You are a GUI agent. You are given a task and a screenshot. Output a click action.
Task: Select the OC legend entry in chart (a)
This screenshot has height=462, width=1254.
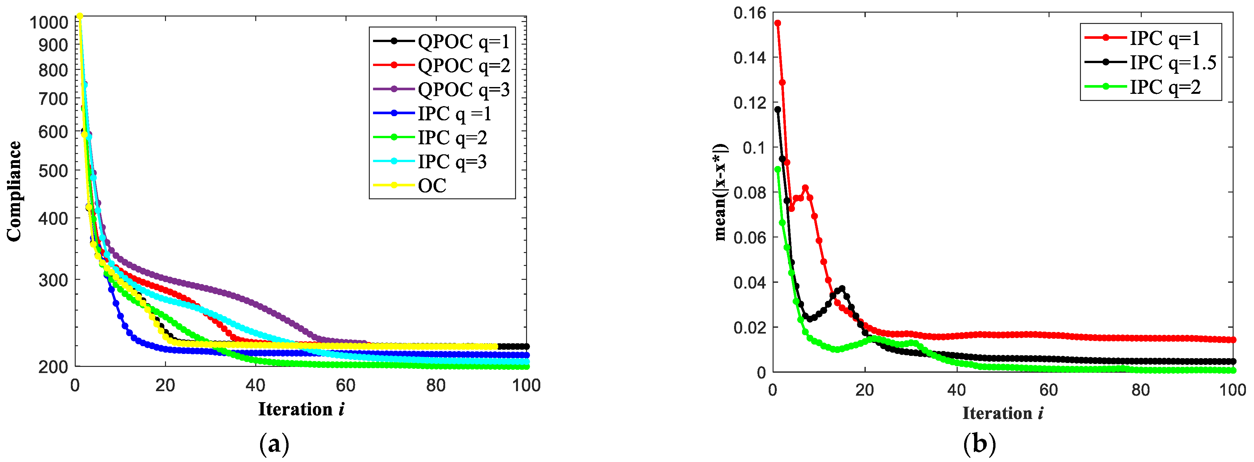432,185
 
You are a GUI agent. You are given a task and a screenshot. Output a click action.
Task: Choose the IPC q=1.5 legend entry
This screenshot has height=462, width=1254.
1172,63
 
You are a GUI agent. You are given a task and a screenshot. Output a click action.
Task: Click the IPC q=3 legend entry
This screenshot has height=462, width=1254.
452,162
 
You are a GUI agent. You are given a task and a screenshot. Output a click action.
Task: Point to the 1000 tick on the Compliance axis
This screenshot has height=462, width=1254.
49,22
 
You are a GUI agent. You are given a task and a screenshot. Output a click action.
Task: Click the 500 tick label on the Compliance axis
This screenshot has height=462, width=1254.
53,171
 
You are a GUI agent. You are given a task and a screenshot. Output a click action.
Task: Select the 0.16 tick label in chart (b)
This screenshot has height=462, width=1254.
750,13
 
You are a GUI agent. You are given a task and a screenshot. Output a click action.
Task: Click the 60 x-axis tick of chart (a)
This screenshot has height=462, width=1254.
345,386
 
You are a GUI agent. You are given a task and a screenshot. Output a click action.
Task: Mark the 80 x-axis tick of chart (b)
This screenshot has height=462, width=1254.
1140,390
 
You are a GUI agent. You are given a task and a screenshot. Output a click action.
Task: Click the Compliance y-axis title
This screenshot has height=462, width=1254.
14,191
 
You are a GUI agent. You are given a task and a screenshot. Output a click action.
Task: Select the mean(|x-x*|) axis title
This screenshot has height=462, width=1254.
721,192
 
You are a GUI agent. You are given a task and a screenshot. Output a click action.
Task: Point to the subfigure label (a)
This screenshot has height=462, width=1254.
275,444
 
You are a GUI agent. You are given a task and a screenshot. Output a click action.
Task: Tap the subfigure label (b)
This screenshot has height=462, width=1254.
979,444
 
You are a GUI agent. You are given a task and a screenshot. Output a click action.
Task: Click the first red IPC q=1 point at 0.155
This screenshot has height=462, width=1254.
778,23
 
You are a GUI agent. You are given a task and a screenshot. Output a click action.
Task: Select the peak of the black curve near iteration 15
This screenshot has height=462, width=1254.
842,289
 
